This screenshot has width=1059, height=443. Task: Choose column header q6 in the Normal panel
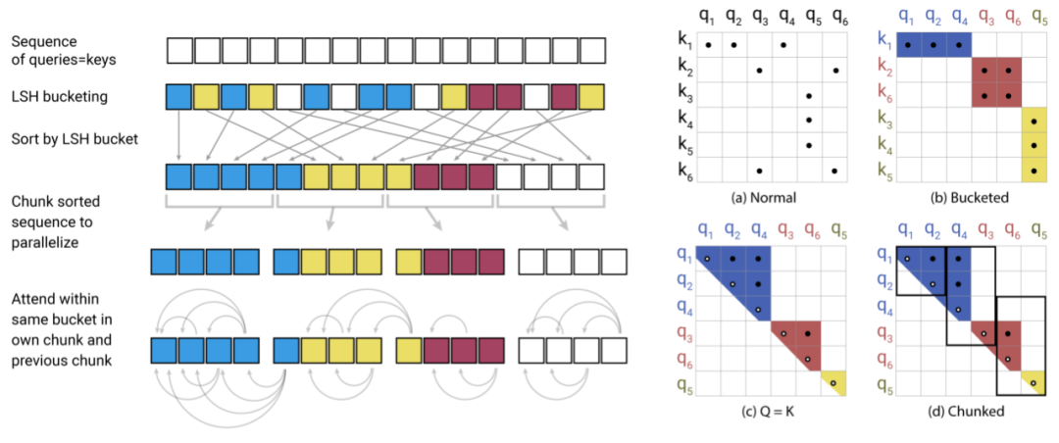tap(834, 18)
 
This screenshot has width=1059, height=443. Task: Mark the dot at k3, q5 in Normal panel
tap(809, 96)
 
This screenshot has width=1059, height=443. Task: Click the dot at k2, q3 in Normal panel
tap(758, 71)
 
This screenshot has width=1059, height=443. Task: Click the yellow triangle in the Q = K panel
tap(832, 380)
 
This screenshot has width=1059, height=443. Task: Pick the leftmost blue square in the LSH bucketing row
tap(179, 96)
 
